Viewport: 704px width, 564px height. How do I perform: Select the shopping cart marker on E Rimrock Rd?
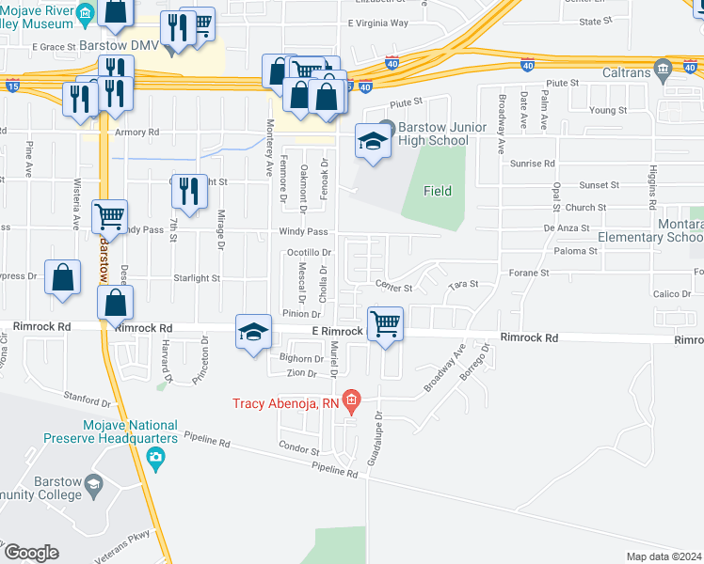click(x=385, y=324)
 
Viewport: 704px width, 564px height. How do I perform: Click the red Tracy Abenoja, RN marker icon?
click(x=352, y=401)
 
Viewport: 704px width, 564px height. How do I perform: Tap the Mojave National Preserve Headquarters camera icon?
click(x=155, y=460)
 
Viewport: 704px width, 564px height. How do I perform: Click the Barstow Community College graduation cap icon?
click(x=93, y=485)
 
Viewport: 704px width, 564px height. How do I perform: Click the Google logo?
click(x=32, y=553)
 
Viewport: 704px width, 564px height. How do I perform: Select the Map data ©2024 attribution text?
click(x=664, y=556)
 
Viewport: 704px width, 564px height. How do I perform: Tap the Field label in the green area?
click(x=437, y=191)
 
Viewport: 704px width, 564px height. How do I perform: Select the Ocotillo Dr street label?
click(x=309, y=253)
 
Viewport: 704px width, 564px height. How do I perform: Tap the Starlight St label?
click(x=197, y=278)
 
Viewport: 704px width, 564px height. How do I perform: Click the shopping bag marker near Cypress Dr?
click(x=62, y=279)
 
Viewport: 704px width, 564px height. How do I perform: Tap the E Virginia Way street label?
click(x=377, y=23)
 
